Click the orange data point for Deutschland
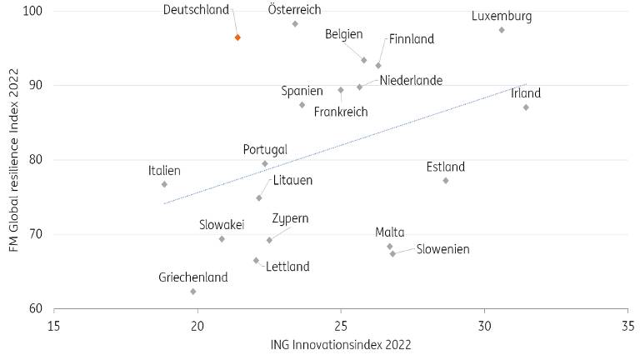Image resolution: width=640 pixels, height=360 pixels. (x=237, y=37)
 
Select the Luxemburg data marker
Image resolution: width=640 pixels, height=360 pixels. (x=502, y=30)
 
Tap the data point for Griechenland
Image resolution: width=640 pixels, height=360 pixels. (x=193, y=292)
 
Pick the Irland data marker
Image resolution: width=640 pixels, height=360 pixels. (x=526, y=107)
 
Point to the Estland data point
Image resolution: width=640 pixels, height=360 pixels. (x=446, y=181)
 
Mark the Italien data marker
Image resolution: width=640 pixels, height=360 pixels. (x=164, y=184)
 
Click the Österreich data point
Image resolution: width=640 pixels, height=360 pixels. (x=295, y=24)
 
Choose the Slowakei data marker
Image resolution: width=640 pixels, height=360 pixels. (x=222, y=239)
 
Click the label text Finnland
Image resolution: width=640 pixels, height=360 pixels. (x=412, y=39)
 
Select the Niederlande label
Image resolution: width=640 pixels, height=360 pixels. (x=411, y=81)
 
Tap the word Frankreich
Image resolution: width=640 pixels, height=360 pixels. (x=341, y=112)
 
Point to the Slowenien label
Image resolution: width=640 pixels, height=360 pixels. (x=443, y=249)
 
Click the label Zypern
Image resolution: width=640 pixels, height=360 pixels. (x=291, y=218)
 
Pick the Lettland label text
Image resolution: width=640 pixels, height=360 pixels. (x=287, y=267)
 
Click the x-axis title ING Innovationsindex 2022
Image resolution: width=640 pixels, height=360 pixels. (x=341, y=344)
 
